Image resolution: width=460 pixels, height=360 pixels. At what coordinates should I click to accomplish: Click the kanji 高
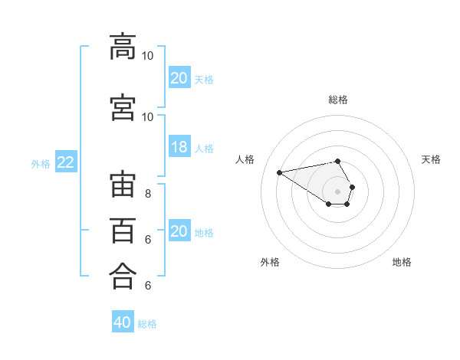click(123, 47)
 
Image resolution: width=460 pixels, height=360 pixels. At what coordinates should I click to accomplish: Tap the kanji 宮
click(123, 107)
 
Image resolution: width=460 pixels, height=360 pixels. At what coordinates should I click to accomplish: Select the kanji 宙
click(123, 184)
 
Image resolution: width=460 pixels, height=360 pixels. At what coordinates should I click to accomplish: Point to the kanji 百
click(123, 231)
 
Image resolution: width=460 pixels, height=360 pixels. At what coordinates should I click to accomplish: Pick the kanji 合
click(123, 276)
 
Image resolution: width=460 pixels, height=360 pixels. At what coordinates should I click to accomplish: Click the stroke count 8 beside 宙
click(148, 194)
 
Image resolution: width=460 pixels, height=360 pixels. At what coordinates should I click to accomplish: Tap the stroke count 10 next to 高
click(147, 56)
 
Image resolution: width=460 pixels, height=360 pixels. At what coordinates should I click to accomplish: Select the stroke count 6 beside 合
click(148, 285)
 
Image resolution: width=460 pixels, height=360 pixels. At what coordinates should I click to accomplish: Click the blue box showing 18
click(179, 146)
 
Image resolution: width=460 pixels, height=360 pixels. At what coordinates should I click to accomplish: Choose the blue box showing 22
click(66, 162)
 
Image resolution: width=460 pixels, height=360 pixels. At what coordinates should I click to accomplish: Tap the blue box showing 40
click(123, 321)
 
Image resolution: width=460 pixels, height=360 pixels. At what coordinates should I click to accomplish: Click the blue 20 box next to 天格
click(179, 77)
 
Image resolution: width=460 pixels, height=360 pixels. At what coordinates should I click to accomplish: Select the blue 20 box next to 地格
click(179, 230)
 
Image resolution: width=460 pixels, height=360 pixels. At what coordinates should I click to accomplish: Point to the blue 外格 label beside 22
click(41, 164)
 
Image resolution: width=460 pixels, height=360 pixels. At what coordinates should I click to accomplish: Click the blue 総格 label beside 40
click(147, 324)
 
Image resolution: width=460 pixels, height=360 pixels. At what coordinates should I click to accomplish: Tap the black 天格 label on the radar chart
click(431, 159)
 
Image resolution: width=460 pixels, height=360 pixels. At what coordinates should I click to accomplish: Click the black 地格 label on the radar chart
click(402, 262)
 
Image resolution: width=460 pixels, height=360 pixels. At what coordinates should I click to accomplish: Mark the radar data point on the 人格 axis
click(280, 172)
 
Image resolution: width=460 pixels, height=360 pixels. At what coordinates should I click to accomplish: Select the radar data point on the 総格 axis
click(337, 161)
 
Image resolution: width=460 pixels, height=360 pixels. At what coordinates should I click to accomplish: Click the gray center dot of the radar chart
click(337, 191)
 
